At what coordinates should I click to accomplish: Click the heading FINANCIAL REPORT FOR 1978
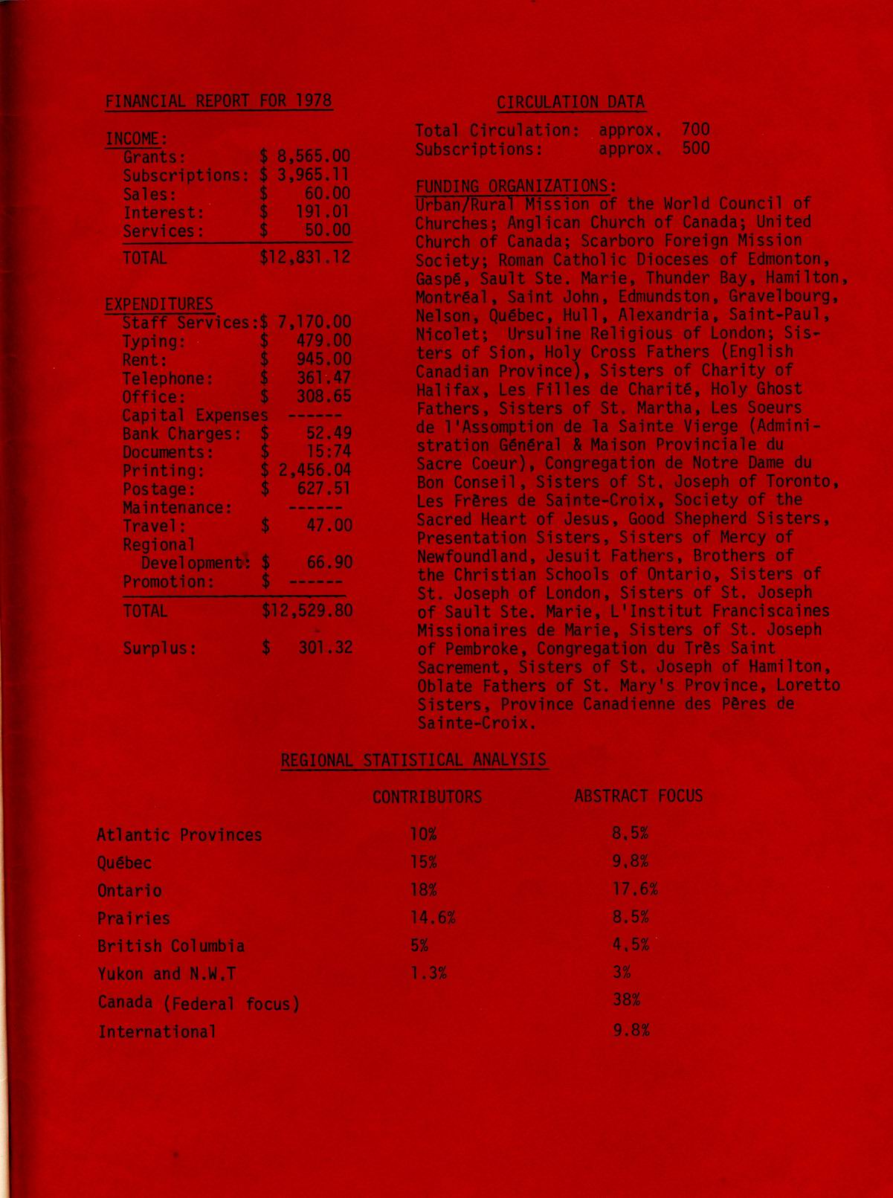[219, 101]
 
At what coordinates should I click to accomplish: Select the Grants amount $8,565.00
[306, 157]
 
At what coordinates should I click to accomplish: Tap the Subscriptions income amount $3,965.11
[306, 175]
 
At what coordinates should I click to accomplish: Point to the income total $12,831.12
[306, 257]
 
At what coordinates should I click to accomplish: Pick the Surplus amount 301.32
[325, 648]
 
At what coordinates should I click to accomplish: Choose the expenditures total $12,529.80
[307, 611]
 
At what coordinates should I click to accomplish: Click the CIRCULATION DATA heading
[570, 103]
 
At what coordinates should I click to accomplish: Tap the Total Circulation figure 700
[695, 129]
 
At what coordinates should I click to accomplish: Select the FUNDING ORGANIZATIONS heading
[515, 185]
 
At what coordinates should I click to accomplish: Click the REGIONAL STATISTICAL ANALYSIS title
[413, 760]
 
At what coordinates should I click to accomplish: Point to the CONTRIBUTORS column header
[427, 797]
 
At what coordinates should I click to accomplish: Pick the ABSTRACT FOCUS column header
[638, 796]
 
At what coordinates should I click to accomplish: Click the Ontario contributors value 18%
[423, 890]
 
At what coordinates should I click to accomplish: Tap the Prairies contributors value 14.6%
[432, 918]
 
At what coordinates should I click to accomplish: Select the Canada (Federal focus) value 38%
[626, 1000]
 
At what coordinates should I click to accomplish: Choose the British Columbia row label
[171, 946]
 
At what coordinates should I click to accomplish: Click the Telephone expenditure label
[168, 379]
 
